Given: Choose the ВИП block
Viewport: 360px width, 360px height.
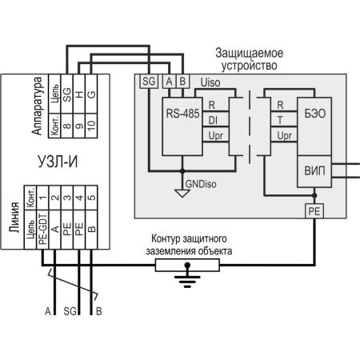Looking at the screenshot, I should pos(314,170).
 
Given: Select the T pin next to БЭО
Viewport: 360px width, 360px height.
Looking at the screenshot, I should pos(279,120).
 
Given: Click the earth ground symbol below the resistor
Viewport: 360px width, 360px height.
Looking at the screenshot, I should pos(187,278).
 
